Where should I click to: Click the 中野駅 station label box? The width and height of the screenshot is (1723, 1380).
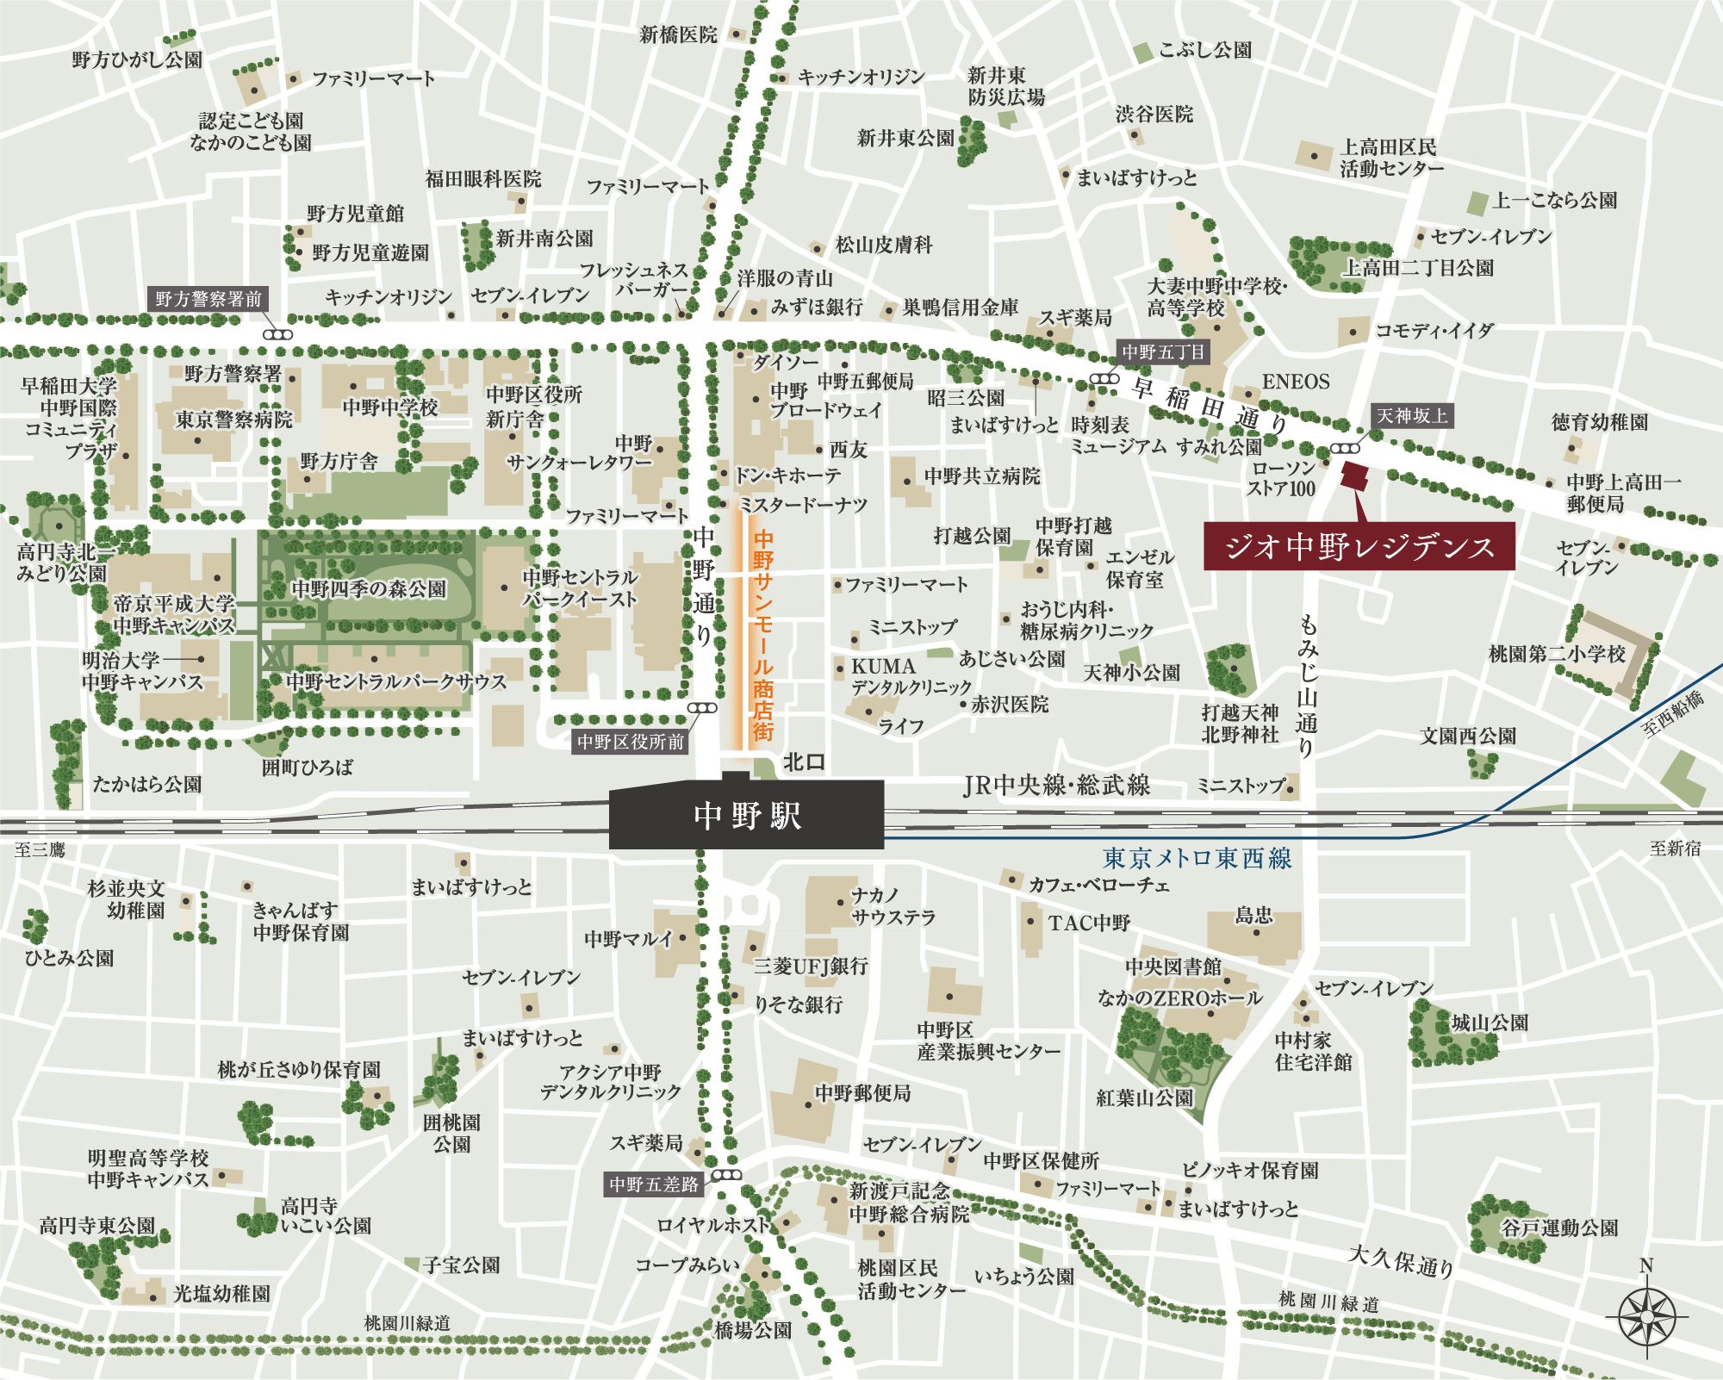tap(746, 815)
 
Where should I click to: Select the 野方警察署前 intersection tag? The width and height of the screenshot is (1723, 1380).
tap(208, 300)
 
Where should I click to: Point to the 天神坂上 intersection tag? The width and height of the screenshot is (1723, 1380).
tap(1411, 416)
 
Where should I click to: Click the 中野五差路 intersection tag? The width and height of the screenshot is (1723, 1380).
tap(654, 1184)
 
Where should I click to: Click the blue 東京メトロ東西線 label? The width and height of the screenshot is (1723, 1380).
tap(1197, 858)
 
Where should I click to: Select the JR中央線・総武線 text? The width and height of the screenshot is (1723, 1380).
tap(1055, 785)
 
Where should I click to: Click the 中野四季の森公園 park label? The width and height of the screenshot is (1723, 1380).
tap(369, 589)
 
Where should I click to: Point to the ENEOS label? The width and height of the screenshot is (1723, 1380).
tap(1296, 382)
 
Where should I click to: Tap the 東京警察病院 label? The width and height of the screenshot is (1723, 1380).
tap(233, 420)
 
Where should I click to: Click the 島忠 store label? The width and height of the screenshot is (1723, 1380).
tap(1253, 915)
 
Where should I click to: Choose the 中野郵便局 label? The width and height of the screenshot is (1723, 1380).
tap(862, 1093)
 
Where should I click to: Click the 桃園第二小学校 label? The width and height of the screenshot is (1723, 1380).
tap(1557, 654)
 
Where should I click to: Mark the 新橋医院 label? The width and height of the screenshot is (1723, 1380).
tap(678, 34)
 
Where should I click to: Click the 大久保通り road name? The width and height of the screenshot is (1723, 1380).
tap(1400, 1260)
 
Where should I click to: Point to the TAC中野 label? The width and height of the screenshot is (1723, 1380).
tap(1089, 923)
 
